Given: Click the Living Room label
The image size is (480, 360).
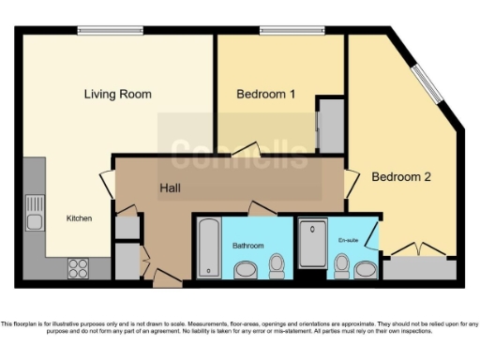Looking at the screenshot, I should (117, 94).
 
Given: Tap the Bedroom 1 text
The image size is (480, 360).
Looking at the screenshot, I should (265, 94).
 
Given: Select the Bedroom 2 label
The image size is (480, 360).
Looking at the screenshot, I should (401, 176).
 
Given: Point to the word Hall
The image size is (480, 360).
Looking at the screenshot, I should (170, 187).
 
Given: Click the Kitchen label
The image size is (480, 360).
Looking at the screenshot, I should (79, 218).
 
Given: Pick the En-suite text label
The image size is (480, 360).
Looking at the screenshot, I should (349, 241).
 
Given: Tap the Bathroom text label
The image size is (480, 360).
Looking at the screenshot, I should (248, 246).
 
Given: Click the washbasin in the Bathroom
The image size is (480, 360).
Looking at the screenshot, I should (246, 271).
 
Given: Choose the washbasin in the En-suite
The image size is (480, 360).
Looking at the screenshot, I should (365, 271).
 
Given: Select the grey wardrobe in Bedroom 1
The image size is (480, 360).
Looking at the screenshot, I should (331, 125).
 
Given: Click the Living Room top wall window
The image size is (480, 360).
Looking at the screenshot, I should (111, 32).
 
